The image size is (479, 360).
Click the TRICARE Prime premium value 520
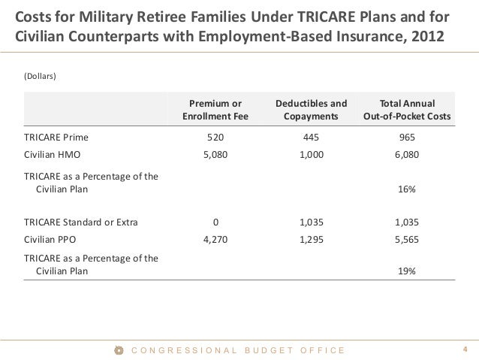[215, 138]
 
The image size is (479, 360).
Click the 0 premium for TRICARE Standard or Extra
[215, 222]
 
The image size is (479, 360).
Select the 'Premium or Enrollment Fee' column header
[215, 110]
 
